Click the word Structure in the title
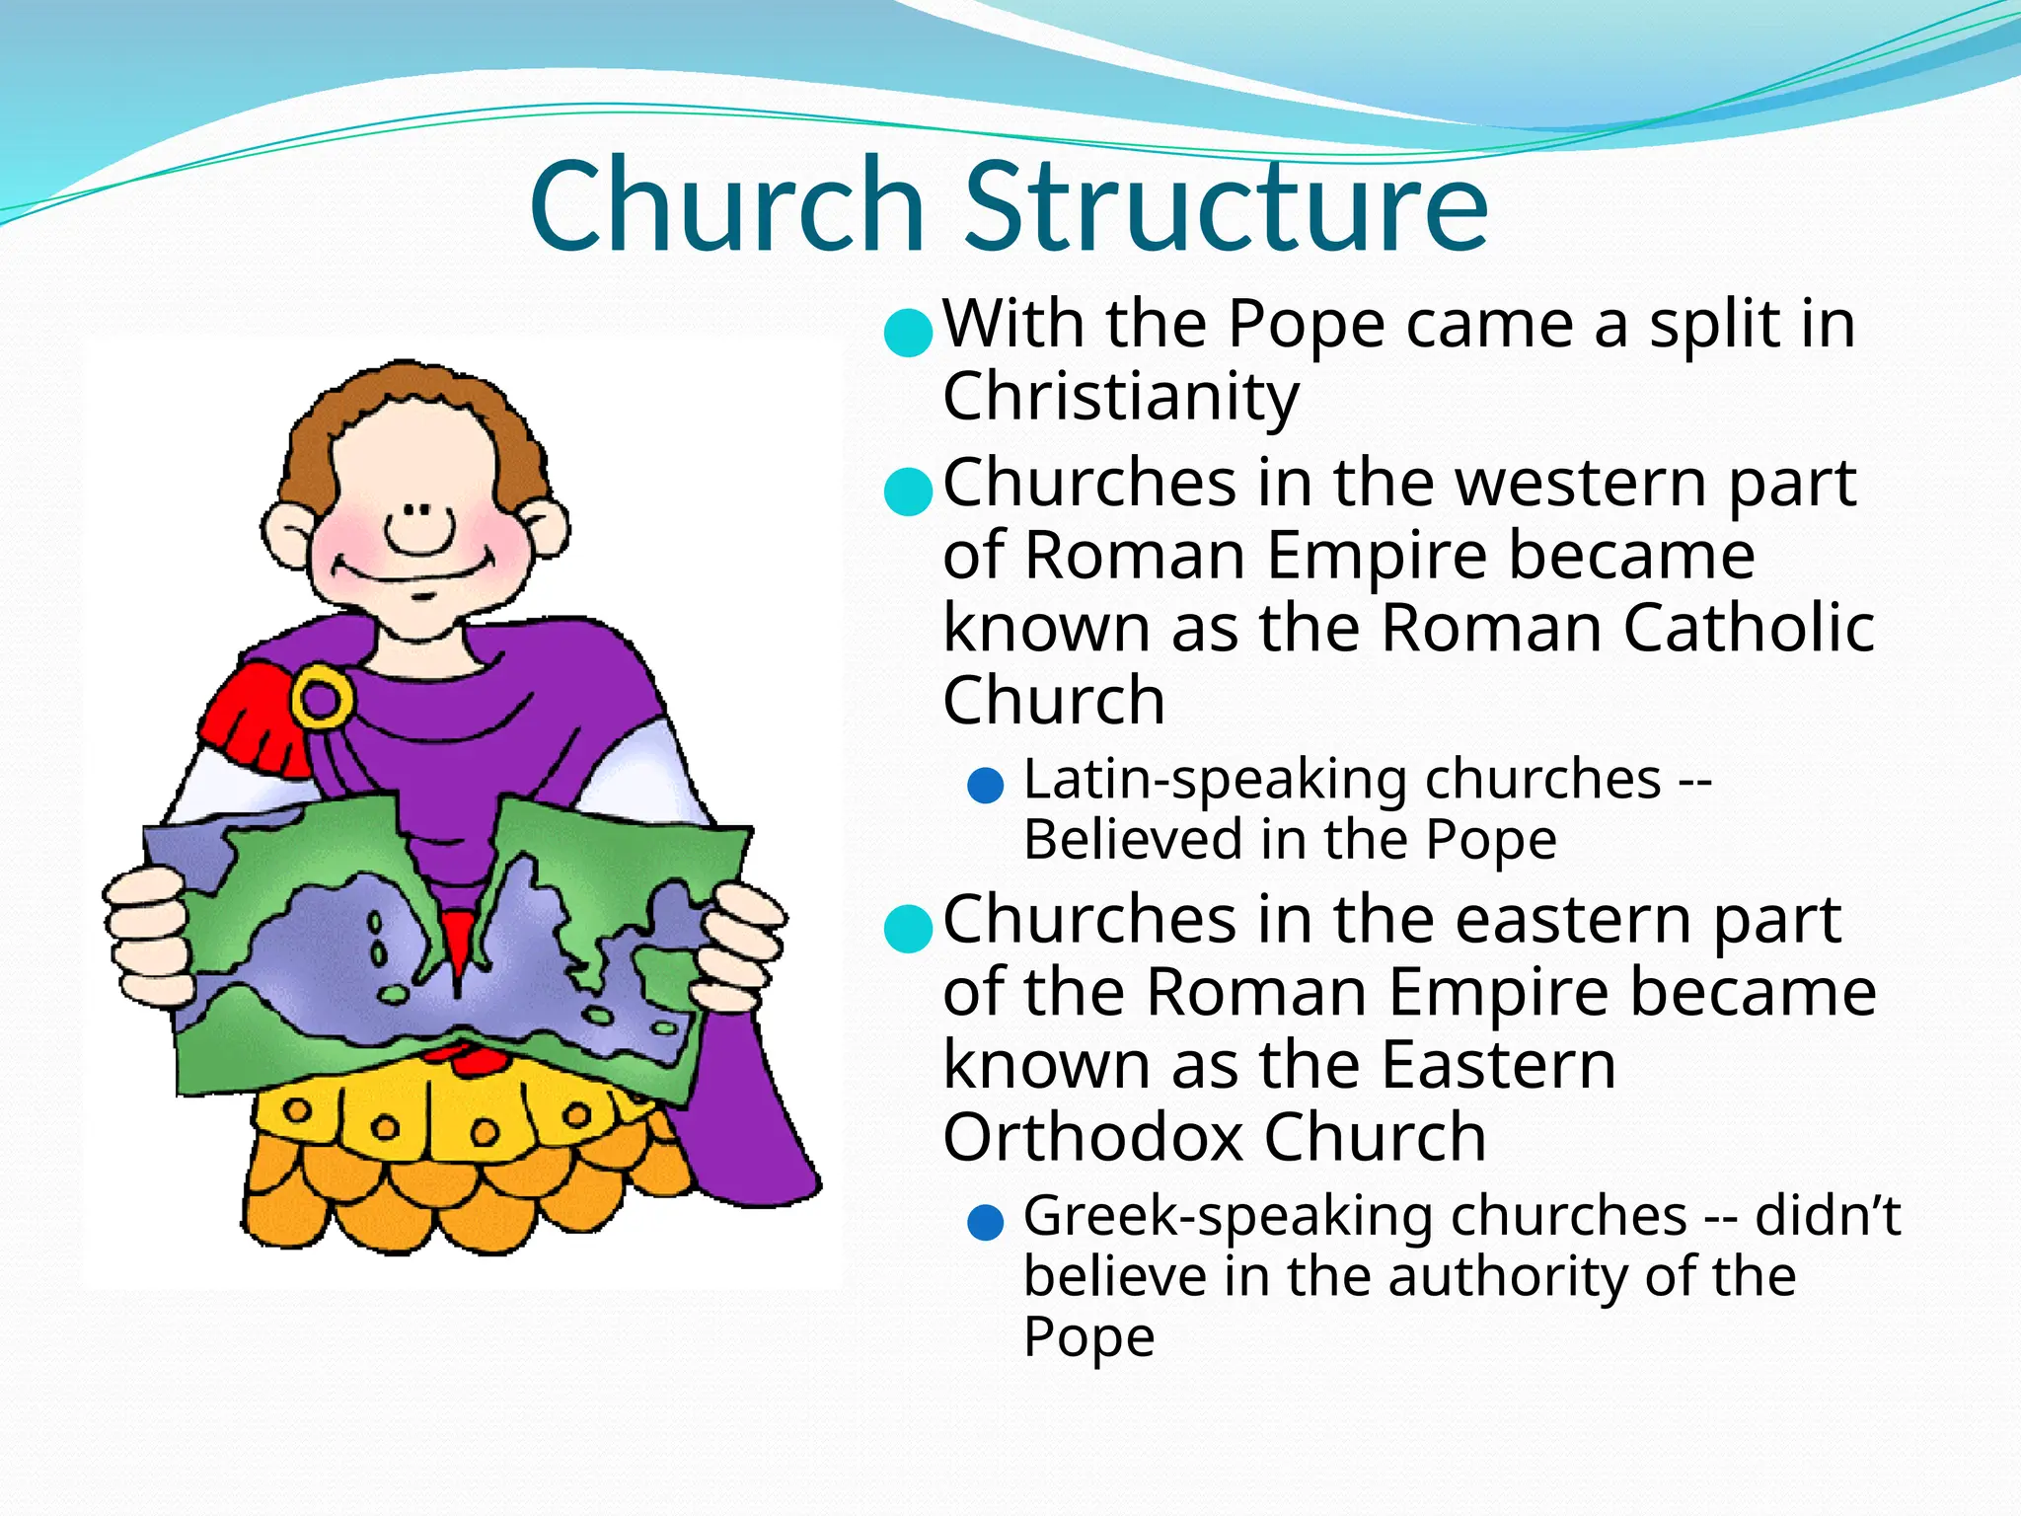pos(1226,207)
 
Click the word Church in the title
pos(727,207)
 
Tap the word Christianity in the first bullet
pos(1121,397)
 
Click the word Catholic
pos(1749,629)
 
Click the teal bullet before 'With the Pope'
pos(908,333)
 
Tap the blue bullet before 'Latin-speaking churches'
pos(986,787)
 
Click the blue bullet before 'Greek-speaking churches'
pos(986,1223)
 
